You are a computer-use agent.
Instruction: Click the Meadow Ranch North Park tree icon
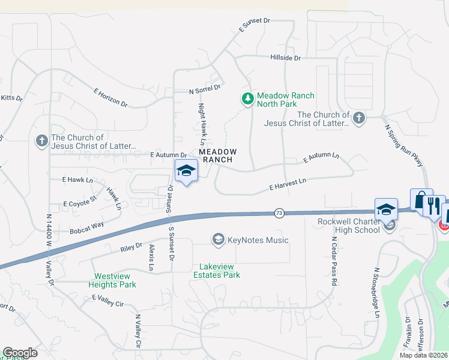click(x=247, y=98)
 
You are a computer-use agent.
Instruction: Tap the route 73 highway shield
click(x=279, y=213)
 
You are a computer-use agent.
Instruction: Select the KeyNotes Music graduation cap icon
click(x=218, y=240)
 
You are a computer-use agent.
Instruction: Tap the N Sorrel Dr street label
click(x=205, y=90)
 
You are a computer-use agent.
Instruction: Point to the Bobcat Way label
click(x=86, y=227)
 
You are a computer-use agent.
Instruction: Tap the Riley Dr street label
click(x=130, y=246)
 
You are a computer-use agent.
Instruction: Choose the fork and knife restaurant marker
click(x=434, y=206)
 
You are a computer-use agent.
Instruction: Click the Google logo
click(x=20, y=353)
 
